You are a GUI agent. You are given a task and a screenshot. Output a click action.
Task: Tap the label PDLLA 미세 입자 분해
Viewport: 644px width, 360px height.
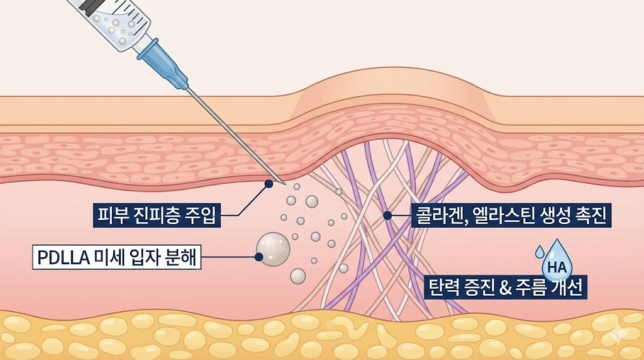pyautogui.click(x=117, y=257)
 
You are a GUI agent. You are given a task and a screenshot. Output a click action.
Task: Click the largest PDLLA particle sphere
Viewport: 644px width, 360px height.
pyautogui.click(x=274, y=249)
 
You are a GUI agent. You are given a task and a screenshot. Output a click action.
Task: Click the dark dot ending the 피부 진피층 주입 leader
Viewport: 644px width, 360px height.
pyautogui.click(x=269, y=184)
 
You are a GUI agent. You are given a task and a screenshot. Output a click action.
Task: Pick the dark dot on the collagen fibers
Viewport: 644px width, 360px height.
pyautogui.click(x=387, y=215)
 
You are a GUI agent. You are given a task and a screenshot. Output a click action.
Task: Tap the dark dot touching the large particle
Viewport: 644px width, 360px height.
pyautogui.click(x=258, y=257)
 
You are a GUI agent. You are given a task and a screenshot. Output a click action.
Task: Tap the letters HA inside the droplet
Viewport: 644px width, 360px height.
pyautogui.click(x=557, y=267)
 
